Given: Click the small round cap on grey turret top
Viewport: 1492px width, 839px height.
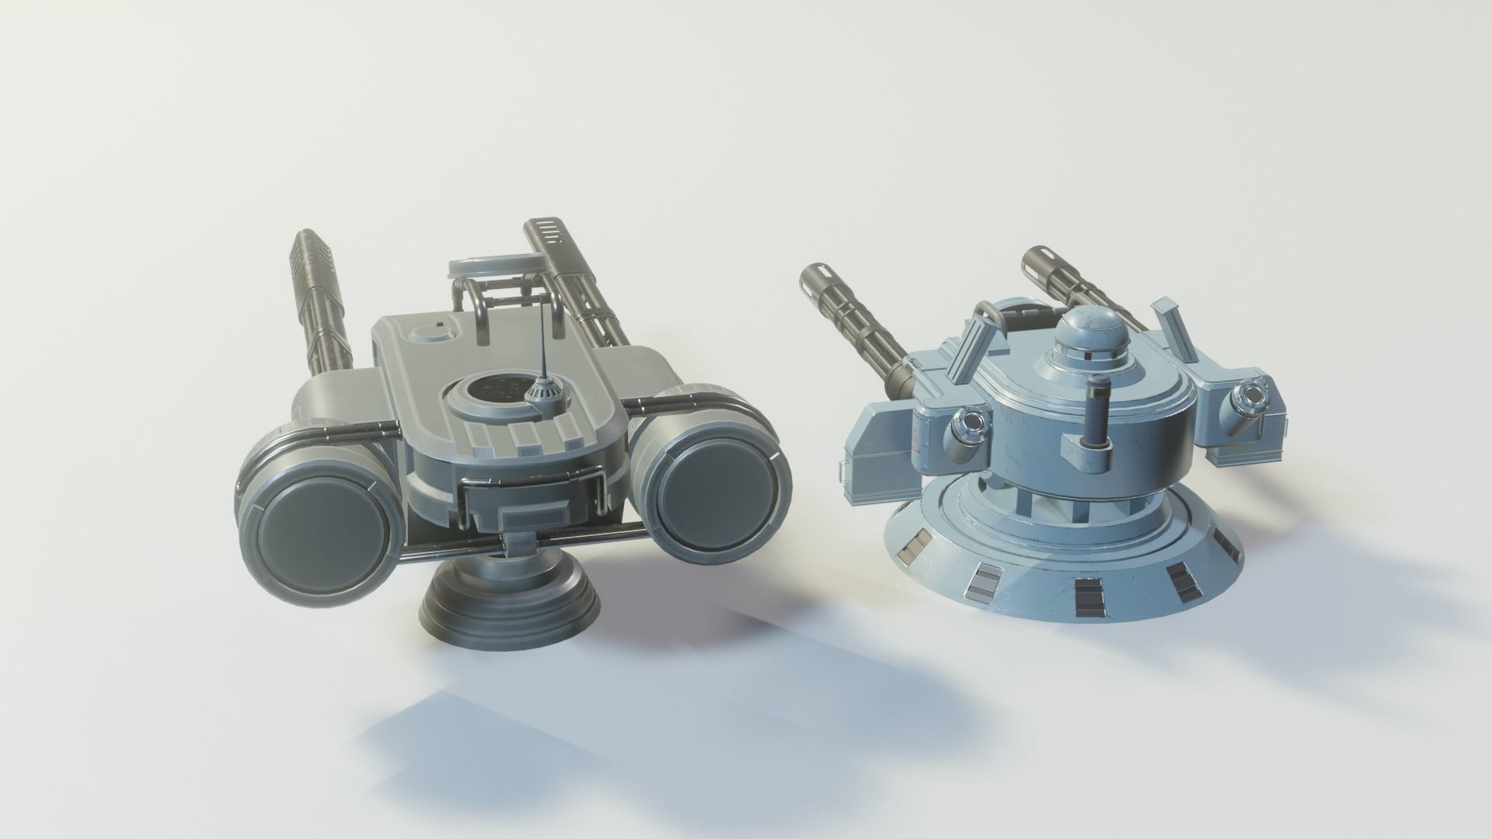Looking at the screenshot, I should [430, 334].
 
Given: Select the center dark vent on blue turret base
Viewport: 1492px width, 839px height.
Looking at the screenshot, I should [1085, 595].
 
